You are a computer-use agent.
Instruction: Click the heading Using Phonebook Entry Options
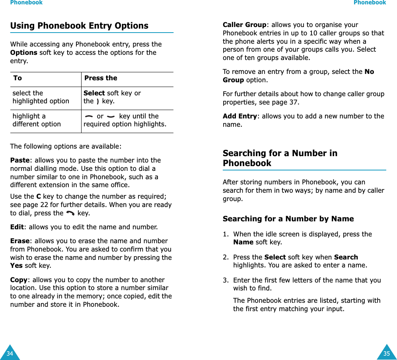point(79,26)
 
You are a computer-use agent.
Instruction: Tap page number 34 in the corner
point(10,353)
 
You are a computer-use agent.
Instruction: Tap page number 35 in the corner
point(387,353)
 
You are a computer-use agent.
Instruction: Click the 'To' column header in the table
point(18,78)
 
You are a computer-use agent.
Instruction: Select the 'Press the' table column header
point(101,78)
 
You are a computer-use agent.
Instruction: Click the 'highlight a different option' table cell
point(37,120)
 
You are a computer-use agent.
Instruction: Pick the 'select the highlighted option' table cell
point(41,97)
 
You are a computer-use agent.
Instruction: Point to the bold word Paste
point(20,161)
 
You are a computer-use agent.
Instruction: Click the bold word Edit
point(16,227)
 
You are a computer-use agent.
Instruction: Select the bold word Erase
point(19,241)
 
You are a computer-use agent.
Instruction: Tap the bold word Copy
point(18,280)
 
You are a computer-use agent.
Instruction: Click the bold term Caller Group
point(245,25)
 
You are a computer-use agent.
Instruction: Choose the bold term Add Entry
point(239,116)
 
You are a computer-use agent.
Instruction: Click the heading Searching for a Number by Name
point(288,219)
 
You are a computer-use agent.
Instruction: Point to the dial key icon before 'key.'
point(70,213)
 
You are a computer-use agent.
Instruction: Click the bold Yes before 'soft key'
point(16,266)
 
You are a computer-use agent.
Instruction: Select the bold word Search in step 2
point(346,257)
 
